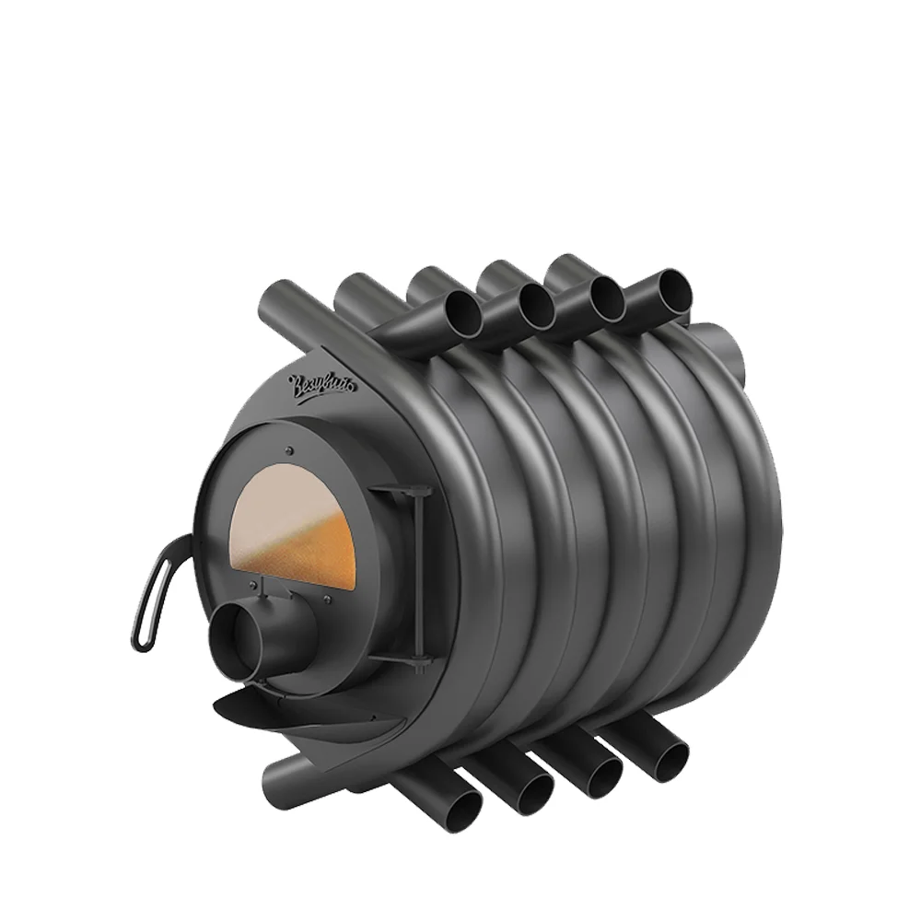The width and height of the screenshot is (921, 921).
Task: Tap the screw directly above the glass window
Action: click(x=288, y=450)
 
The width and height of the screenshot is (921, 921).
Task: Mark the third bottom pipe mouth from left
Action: click(x=602, y=769)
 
